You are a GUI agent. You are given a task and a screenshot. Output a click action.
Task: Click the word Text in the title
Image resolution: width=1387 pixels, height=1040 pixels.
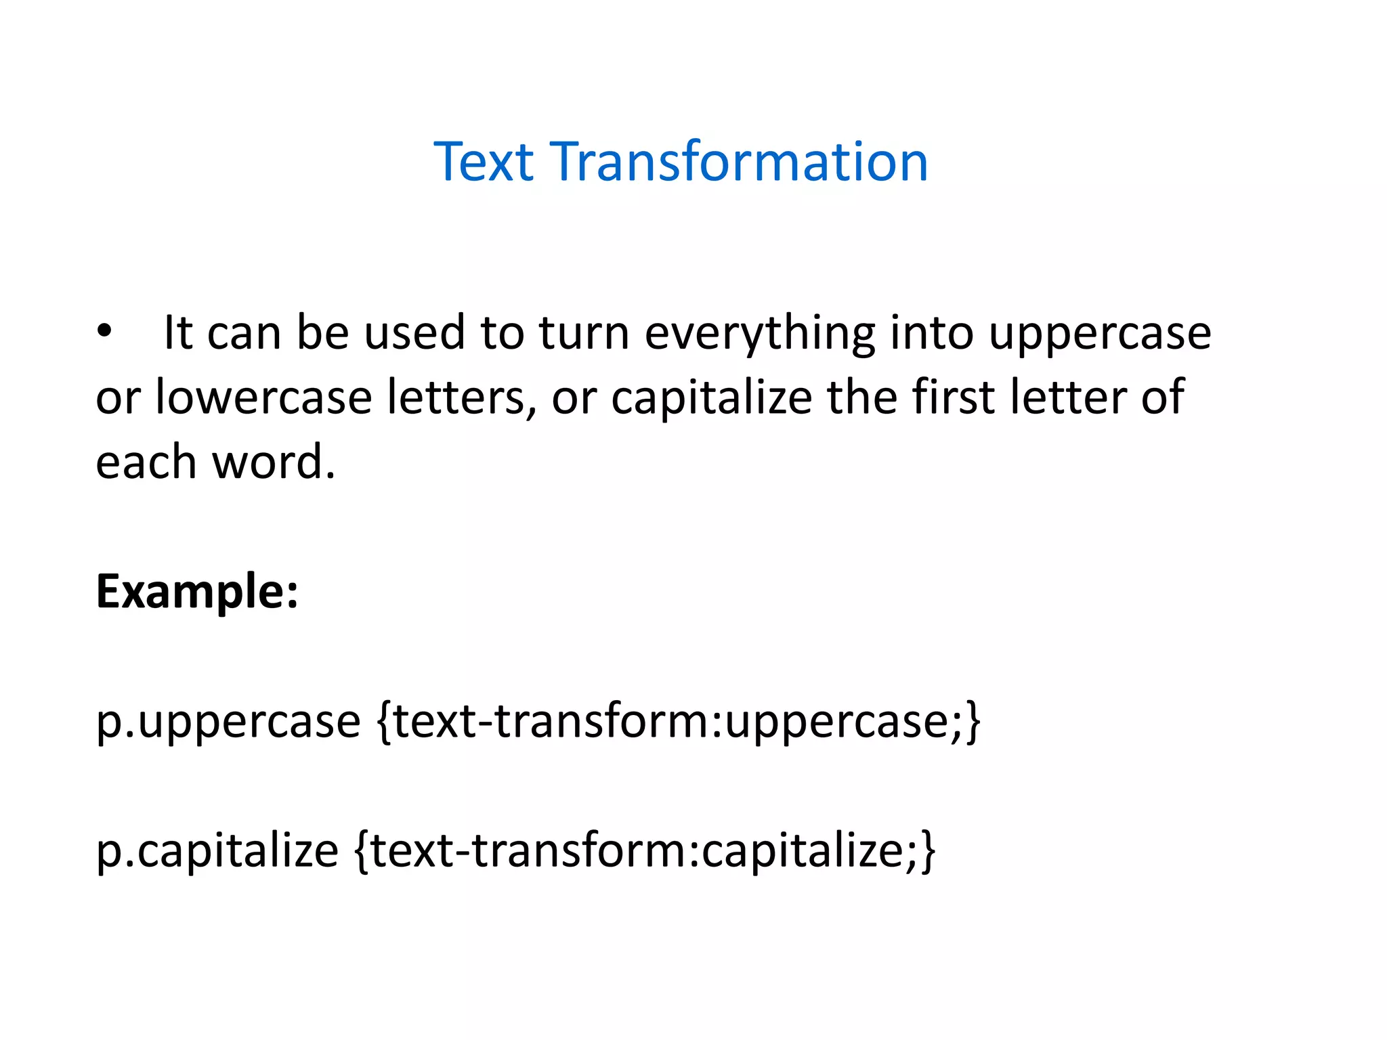coord(484,162)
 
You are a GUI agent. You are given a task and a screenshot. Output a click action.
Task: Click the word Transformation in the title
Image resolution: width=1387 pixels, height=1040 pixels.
coord(741,162)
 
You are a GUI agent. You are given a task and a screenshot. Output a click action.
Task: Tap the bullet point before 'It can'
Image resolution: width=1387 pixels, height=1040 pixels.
coord(104,331)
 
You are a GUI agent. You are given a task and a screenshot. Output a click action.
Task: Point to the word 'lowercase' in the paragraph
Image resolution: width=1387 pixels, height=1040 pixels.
coord(263,397)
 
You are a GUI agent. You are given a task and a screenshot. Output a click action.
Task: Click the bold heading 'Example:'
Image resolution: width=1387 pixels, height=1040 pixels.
coord(197,591)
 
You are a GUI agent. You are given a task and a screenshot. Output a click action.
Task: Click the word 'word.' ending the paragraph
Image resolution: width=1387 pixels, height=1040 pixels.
coord(274,462)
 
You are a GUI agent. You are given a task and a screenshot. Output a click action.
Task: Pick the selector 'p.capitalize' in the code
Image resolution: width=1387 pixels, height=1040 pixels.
coord(217,850)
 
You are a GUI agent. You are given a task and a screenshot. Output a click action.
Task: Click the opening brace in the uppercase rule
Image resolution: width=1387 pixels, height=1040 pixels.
coord(385,722)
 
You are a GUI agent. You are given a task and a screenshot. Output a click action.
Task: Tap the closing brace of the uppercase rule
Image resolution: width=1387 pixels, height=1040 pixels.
coord(973,722)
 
